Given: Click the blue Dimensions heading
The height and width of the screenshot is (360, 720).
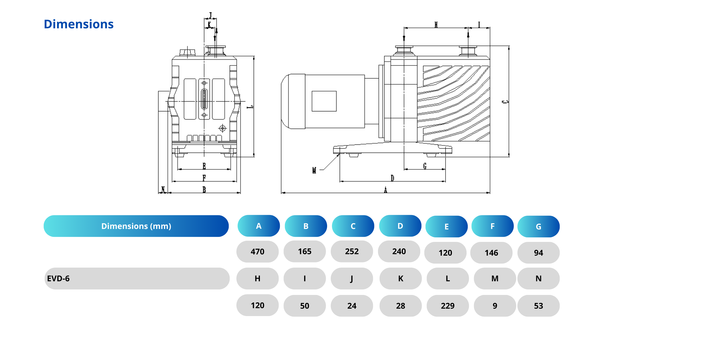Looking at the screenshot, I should point(78,24).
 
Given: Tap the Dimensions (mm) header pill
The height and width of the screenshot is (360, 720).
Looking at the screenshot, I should point(136,226).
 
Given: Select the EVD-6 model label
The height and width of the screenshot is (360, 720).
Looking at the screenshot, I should point(58,278).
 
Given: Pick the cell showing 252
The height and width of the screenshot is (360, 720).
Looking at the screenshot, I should point(352,251).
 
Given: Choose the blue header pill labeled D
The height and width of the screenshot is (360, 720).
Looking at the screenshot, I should point(400,226).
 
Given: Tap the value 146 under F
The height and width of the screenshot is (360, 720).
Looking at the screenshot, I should point(491,253).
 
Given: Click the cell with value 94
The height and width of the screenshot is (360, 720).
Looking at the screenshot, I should point(538,253).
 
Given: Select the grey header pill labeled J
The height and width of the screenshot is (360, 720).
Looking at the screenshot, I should point(352,278).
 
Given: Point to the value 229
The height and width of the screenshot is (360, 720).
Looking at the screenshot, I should point(448,306).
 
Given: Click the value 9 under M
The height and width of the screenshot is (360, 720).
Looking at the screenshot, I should point(495,306).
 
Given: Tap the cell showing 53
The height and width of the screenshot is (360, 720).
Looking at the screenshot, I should point(538,306).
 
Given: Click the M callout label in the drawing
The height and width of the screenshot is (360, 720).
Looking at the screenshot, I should point(314,170).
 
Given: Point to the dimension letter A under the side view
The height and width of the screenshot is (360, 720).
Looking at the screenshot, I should point(385,190).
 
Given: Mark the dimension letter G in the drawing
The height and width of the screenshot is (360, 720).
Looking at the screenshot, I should point(425,166).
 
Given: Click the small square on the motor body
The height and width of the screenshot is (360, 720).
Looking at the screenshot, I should point(324,101).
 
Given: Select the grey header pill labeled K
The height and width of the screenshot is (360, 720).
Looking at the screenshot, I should point(400,278).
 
